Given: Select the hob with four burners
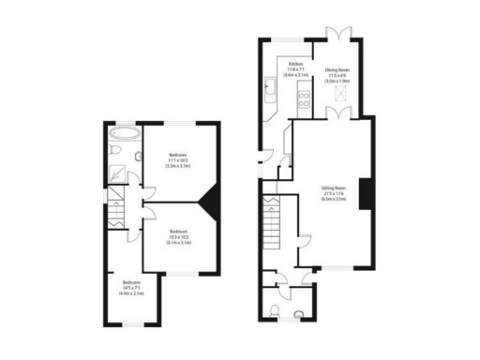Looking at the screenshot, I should pos(302,92).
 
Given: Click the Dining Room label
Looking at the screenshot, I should pos(337,69).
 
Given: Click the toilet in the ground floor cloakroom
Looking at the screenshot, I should pos(296,312).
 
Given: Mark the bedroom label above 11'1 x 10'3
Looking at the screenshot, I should pos(178,154).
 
